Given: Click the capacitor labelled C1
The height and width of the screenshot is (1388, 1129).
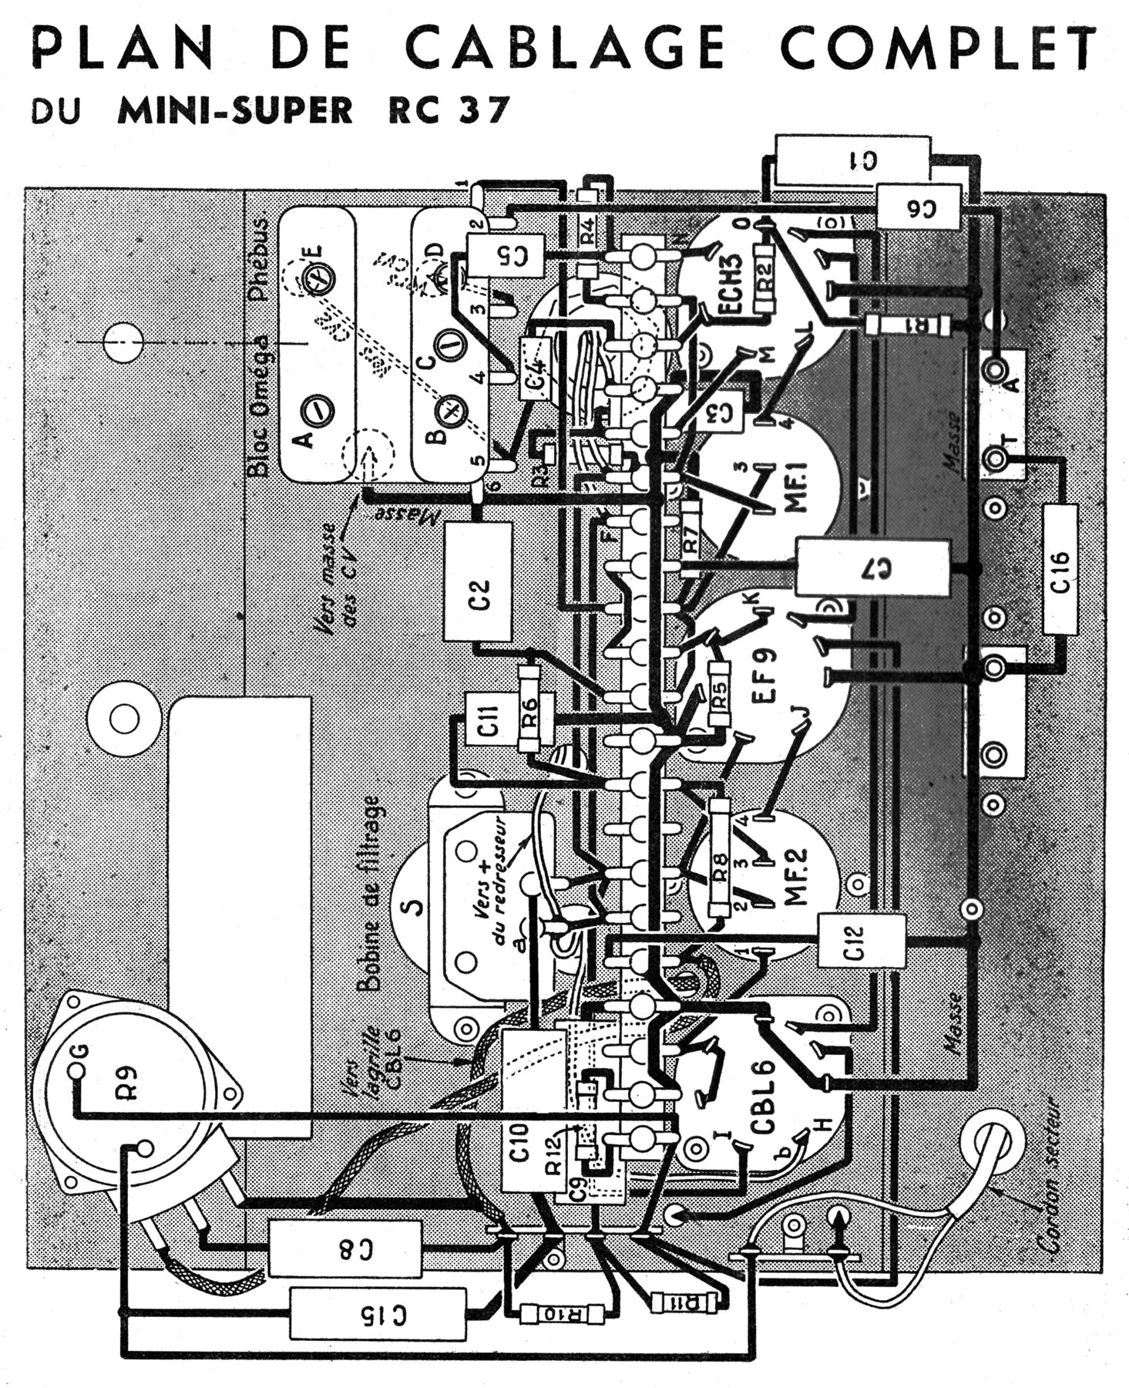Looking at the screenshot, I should point(854,160).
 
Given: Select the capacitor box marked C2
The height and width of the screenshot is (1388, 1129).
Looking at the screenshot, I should point(479,582).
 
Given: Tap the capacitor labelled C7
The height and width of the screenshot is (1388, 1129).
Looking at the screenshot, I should point(873,568).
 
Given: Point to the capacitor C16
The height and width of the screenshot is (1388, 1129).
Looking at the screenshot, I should point(1060,570).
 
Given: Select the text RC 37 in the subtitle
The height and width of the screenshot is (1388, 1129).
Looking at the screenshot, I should point(443,109).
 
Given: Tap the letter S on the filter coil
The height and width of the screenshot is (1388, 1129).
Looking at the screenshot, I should point(415,907).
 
